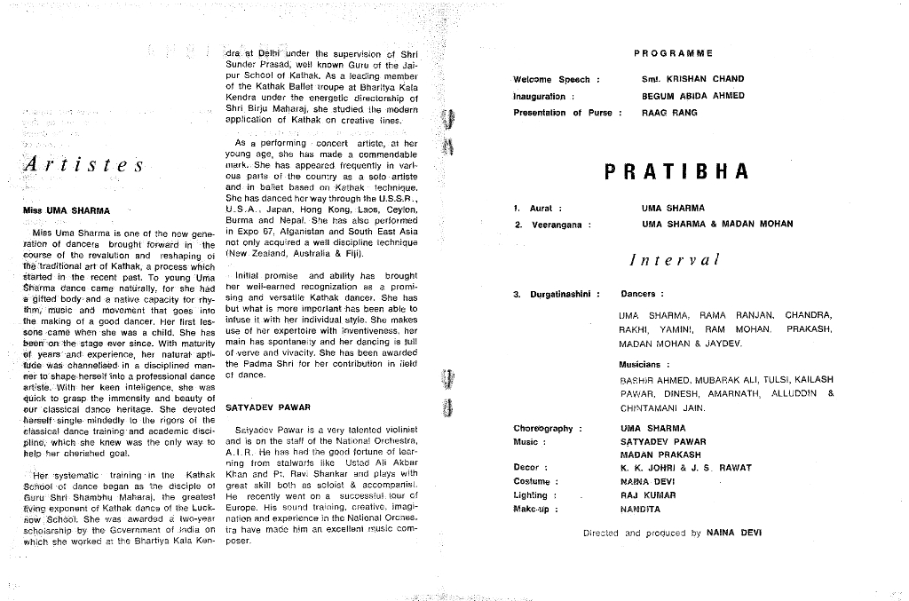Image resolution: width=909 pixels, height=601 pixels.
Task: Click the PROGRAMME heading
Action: pyautogui.click(x=673, y=53)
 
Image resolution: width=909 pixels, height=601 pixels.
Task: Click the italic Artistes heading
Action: pyautogui.click(x=85, y=165)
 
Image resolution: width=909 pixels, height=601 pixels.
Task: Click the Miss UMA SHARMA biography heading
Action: pyautogui.click(x=67, y=211)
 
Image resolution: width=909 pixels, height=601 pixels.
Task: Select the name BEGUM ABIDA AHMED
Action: pyautogui.click(x=692, y=96)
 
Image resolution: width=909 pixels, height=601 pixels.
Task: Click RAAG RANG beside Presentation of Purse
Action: pyautogui.click(x=669, y=113)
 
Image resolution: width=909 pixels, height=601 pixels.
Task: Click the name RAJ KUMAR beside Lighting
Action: pyautogui.click(x=648, y=495)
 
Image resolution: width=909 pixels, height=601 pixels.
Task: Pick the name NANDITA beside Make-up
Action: pyautogui.click(x=640, y=510)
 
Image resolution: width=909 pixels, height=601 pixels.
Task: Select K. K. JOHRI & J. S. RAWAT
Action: pyautogui.click(x=685, y=468)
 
